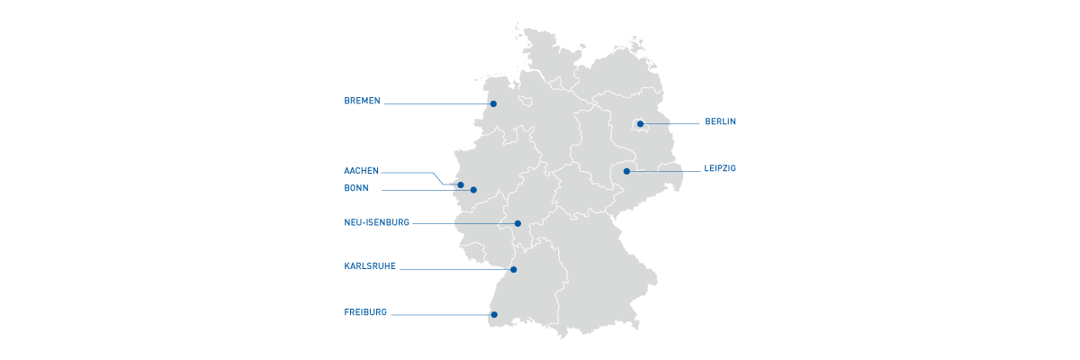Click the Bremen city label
(x=363, y=101)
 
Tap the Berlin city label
(x=721, y=121)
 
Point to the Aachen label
(x=361, y=170)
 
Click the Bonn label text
(x=356, y=188)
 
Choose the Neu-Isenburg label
(x=376, y=222)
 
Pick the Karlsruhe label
(x=370, y=266)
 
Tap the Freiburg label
(x=365, y=312)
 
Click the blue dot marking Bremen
(x=493, y=103)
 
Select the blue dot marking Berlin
(x=640, y=124)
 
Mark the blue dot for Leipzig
(x=626, y=171)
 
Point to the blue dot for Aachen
(x=461, y=185)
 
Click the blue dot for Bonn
(x=473, y=190)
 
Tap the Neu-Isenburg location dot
(x=517, y=223)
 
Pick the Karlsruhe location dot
(x=513, y=269)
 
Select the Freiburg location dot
(x=493, y=314)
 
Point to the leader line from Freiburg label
(x=441, y=314)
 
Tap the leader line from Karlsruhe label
(x=454, y=269)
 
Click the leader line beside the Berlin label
(x=670, y=123)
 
